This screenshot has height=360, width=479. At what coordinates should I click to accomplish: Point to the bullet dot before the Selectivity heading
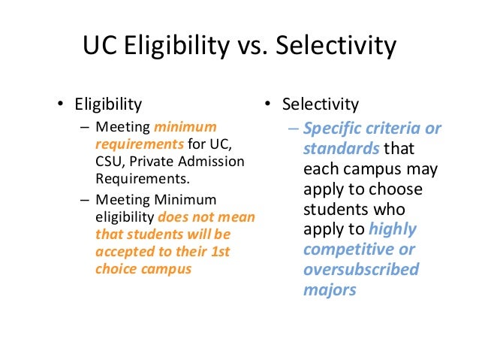click(270, 104)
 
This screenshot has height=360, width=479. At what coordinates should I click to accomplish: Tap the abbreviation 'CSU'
click(109, 161)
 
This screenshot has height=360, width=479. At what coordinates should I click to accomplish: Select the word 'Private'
click(155, 161)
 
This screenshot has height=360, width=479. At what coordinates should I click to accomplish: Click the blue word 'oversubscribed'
click(361, 270)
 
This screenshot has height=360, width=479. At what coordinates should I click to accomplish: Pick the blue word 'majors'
click(330, 290)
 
